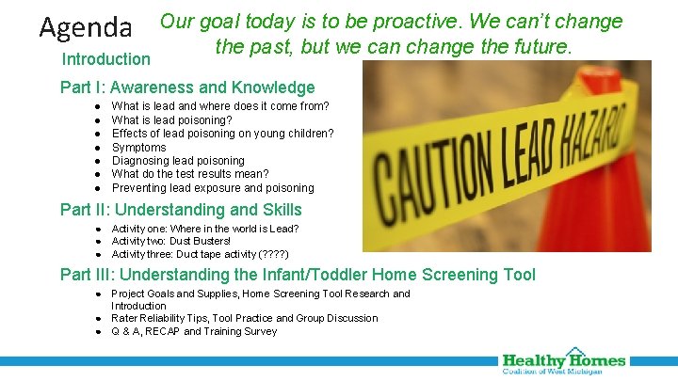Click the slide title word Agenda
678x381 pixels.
86,26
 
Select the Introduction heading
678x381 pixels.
105,59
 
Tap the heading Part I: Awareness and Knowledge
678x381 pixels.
187,88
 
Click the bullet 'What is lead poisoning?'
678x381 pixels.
171,120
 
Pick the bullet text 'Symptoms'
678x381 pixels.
138,148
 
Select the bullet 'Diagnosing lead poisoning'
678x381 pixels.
178,161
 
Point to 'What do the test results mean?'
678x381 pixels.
189,174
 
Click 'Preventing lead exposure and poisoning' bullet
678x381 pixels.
213,188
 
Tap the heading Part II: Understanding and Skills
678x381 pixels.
181,210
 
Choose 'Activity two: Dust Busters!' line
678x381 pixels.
170,242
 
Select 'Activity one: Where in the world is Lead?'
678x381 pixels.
205,229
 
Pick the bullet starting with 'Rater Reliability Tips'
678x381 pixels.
244,318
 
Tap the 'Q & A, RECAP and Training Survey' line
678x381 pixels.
194,331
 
